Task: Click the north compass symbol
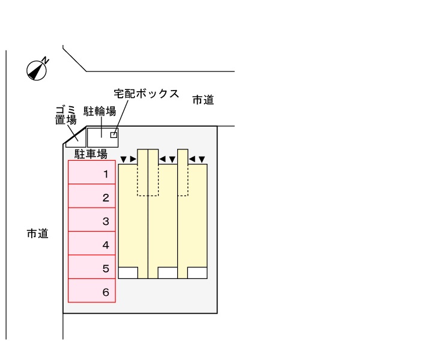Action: (x=38, y=70)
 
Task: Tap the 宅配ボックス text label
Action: (x=147, y=94)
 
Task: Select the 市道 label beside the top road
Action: (x=203, y=100)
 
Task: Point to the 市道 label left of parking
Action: (x=37, y=233)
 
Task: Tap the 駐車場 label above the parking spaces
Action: (x=91, y=154)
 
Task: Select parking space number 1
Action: (x=91, y=173)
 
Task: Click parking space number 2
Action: (x=91, y=196)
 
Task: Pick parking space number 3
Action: (x=91, y=220)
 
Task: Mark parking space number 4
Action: (x=91, y=244)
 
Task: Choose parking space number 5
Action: (x=91, y=268)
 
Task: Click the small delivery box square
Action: (x=114, y=135)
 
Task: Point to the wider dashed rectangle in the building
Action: (x=148, y=180)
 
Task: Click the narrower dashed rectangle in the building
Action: (x=183, y=180)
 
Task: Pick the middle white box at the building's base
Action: (x=168, y=273)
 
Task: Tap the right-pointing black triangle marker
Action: (x=133, y=160)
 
